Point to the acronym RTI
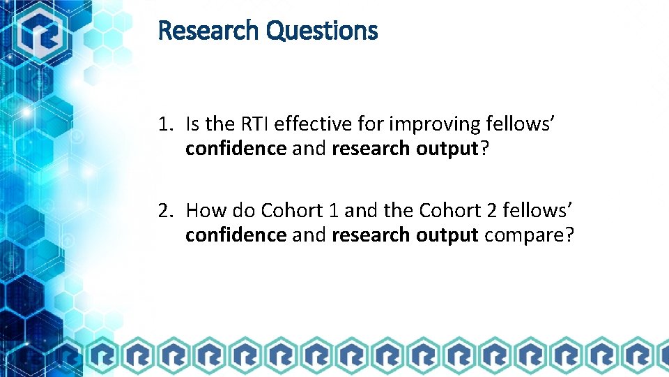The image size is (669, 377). pos(254,125)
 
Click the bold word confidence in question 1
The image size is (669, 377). pos(236,149)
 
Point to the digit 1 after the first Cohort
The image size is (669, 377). pos(330,210)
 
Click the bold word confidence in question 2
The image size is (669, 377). pos(236,235)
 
